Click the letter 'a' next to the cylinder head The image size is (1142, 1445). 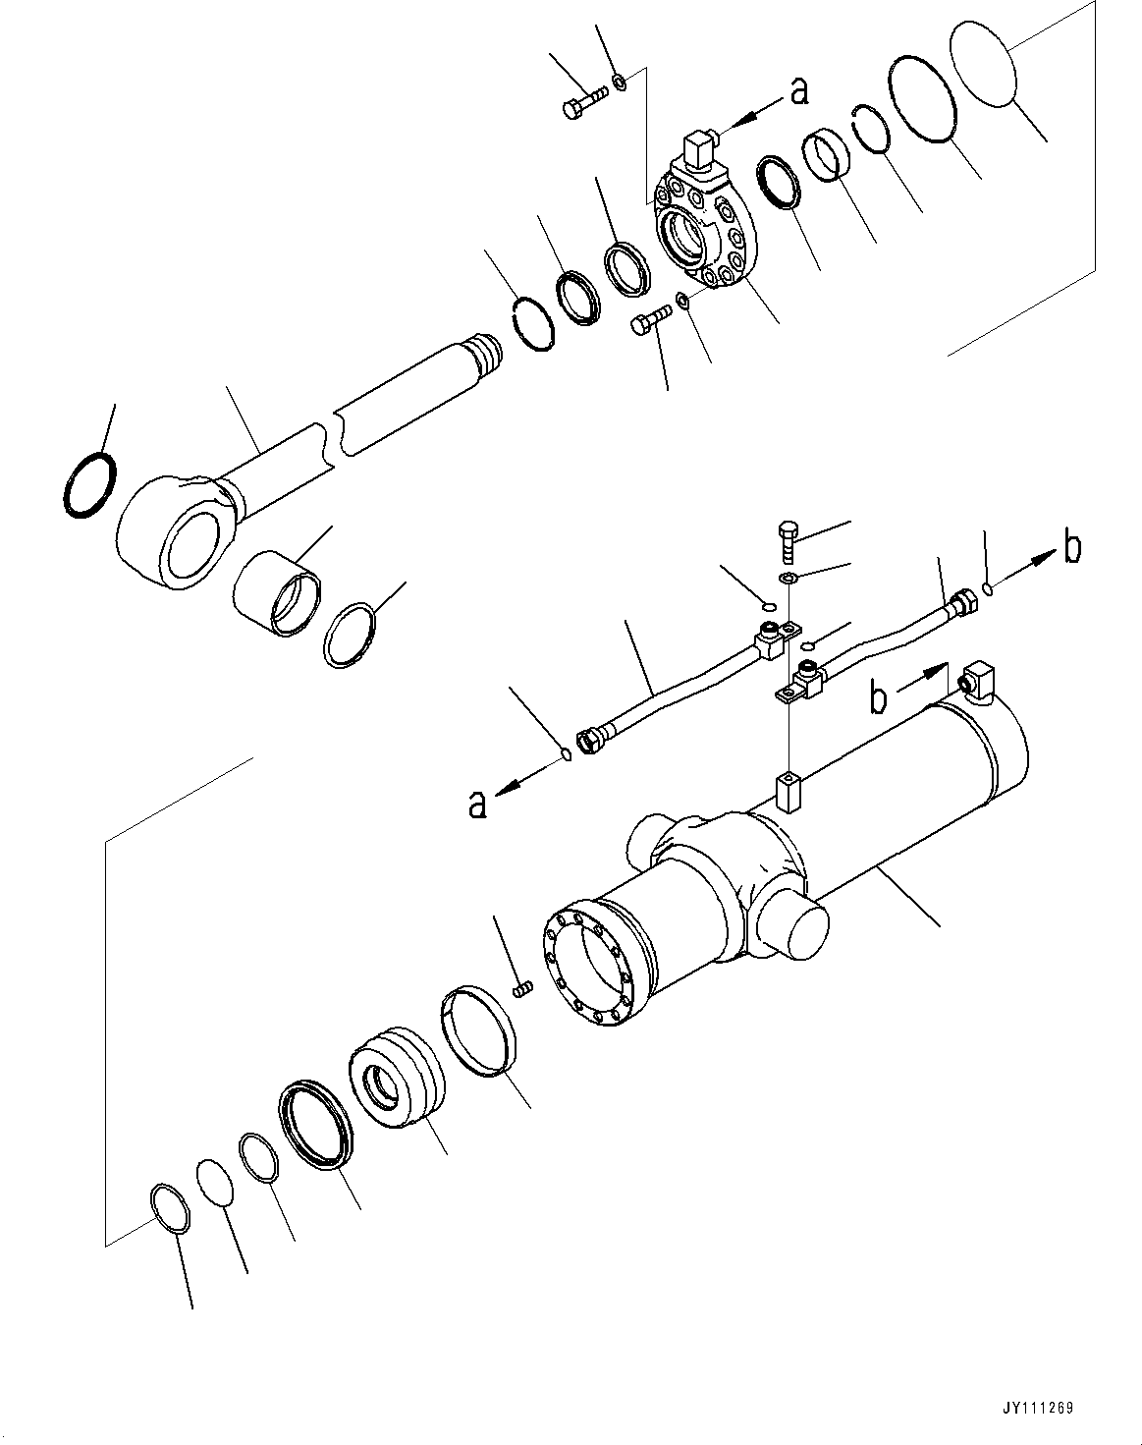click(800, 91)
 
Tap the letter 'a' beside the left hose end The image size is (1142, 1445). click(477, 805)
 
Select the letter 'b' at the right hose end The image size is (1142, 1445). click(1073, 548)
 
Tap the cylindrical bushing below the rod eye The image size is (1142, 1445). click(276, 594)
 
